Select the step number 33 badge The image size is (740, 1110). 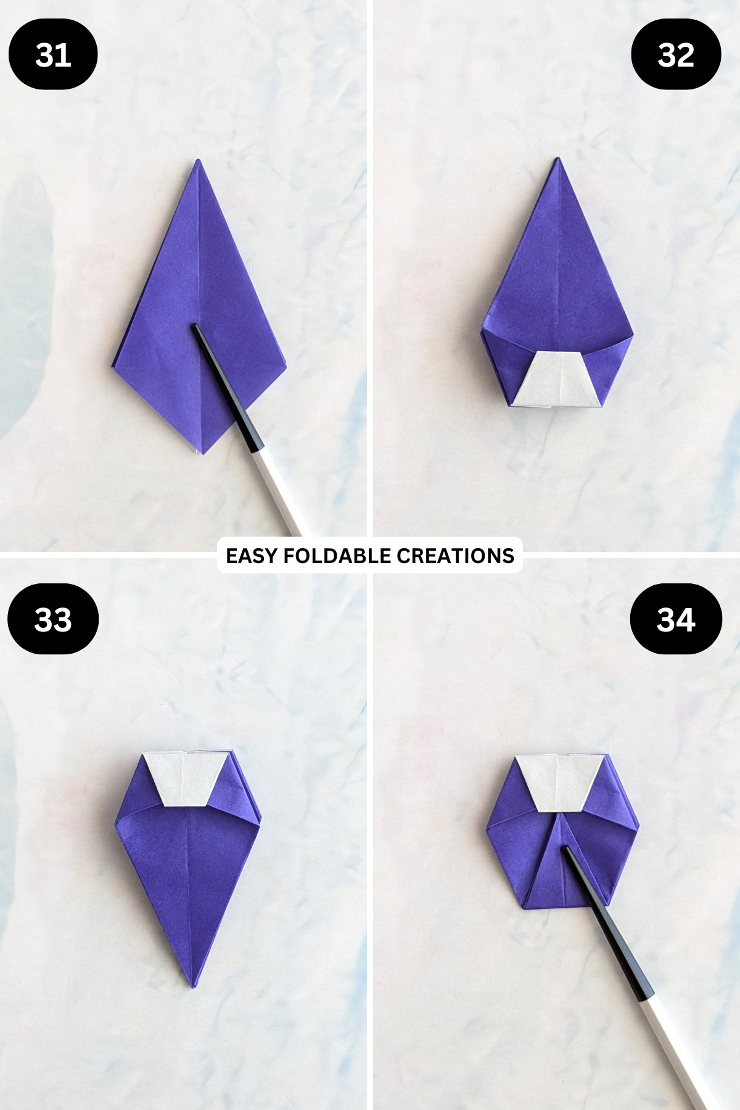click(53, 619)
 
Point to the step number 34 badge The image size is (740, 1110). click(676, 619)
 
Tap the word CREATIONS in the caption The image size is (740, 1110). click(455, 556)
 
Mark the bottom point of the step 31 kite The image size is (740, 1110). click(199, 454)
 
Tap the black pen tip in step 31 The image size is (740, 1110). click(195, 326)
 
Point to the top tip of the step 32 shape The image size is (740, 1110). click(557, 158)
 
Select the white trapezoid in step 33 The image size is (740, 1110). click(183, 779)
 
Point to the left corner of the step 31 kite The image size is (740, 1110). click(115, 360)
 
